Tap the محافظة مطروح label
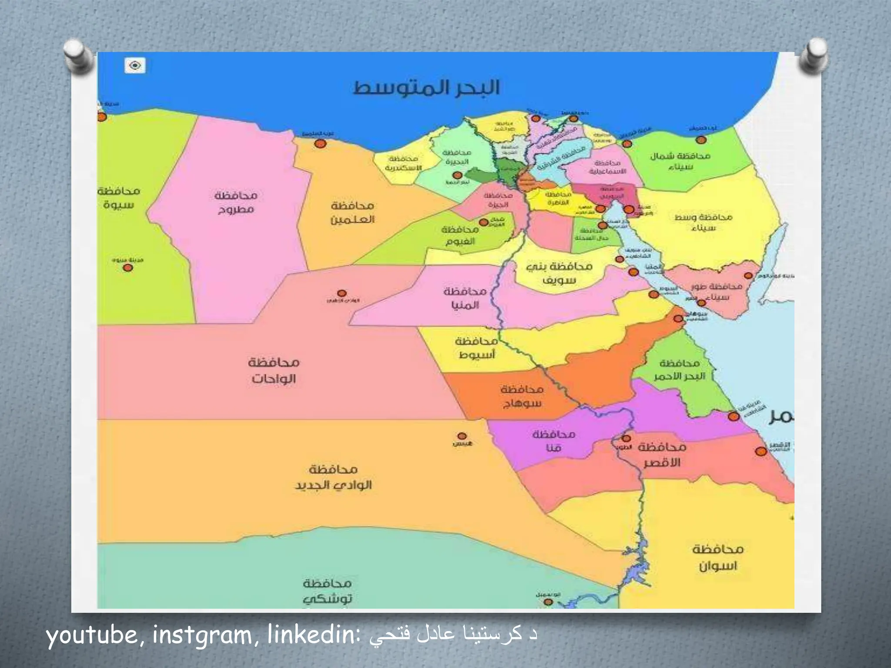236,202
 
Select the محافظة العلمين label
352,212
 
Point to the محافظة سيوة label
119,198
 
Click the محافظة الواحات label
274,370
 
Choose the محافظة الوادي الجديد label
333,477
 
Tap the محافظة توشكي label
328,591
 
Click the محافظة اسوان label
717,558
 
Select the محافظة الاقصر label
662,455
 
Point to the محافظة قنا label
554,441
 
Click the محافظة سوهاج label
522,396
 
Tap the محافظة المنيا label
465,298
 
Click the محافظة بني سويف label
559,273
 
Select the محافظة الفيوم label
460,235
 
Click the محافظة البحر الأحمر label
680,370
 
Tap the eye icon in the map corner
135,66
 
